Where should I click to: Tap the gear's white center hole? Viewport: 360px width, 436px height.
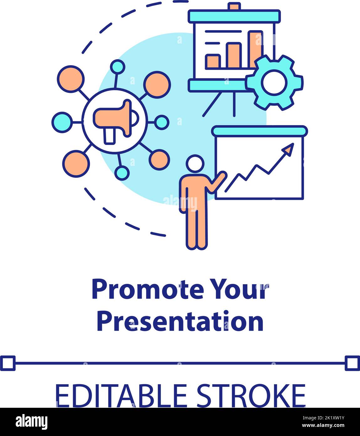point(274,82)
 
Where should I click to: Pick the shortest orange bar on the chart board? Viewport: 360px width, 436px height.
point(213,62)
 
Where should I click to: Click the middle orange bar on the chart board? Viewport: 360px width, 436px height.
point(234,56)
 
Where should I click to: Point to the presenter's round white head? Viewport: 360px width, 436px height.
point(195,164)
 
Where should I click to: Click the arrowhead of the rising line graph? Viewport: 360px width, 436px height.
point(289,149)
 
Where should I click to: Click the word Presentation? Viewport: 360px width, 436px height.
point(180,322)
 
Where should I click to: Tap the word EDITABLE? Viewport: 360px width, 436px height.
point(121,396)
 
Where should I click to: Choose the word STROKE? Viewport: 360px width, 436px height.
point(251,396)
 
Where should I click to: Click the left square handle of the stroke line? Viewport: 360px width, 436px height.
point(7,363)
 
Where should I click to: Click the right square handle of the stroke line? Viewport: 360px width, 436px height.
point(352,363)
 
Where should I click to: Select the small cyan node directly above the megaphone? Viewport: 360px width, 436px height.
point(118,67)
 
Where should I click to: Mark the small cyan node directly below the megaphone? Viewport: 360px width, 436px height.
point(122,173)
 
